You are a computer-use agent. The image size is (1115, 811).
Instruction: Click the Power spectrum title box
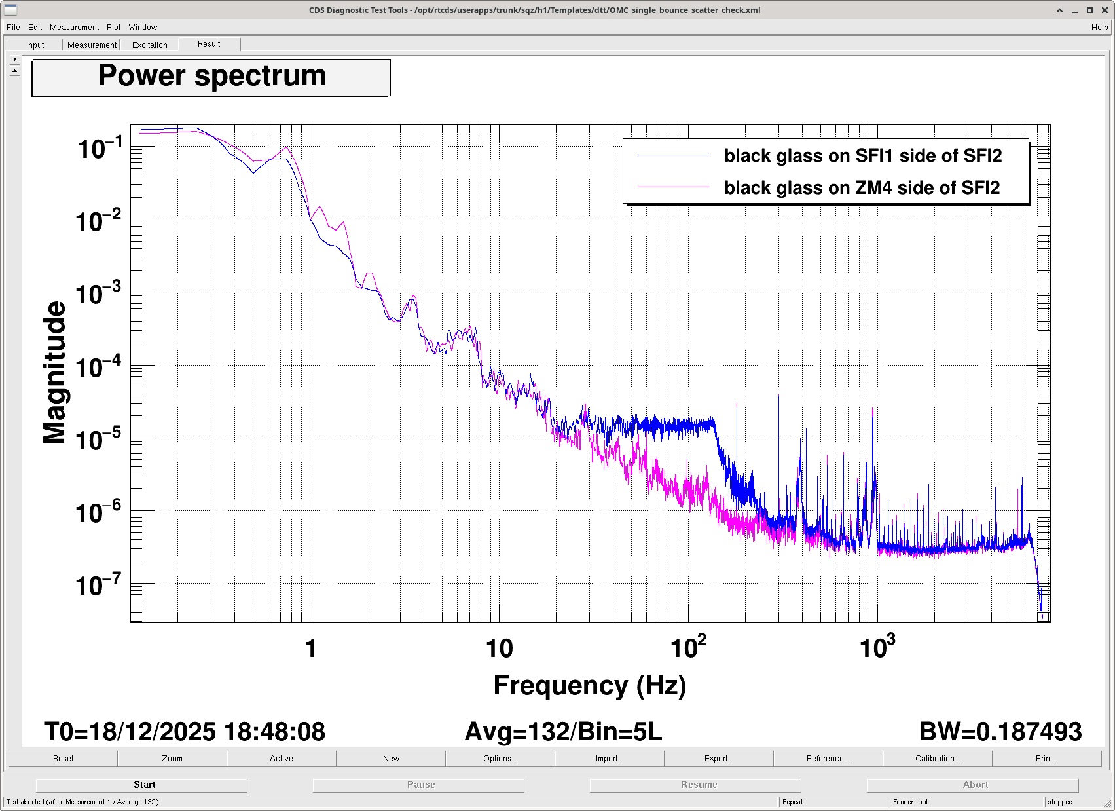pyautogui.click(x=211, y=77)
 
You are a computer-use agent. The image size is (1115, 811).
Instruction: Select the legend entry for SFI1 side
pyautogui.click(x=862, y=156)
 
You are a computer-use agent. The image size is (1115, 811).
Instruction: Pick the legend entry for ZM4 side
pyautogui.click(x=862, y=188)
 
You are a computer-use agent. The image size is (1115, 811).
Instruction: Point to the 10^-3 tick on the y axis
pyautogui.click(x=99, y=294)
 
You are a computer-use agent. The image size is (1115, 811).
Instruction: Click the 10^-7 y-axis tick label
pyautogui.click(x=99, y=586)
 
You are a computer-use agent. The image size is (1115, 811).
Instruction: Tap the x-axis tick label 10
pyautogui.click(x=499, y=649)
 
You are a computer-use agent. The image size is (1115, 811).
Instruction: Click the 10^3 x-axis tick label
pyautogui.click(x=877, y=647)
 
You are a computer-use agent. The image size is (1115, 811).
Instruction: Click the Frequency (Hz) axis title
pyautogui.click(x=589, y=685)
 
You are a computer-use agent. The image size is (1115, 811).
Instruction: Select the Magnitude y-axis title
pyautogui.click(x=55, y=373)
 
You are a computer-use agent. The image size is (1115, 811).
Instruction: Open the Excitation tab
pyautogui.click(x=150, y=45)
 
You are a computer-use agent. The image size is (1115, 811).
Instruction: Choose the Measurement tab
pyautogui.click(x=92, y=45)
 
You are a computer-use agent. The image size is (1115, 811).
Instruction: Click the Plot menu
pyautogui.click(x=114, y=28)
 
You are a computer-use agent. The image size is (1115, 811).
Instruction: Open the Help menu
pyautogui.click(x=1099, y=28)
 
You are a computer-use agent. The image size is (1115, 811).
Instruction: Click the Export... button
pyautogui.click(x=718, y=759)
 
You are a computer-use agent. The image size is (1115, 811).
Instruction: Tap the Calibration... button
pyautogui.click(x=937, y=759)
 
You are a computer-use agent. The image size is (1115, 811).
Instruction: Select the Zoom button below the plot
pyautogui.click(x=172, y=759)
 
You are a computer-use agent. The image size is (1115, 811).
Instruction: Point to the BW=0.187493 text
pyautogui.click(x=1000, y=732)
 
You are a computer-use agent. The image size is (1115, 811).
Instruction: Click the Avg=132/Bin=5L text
pyautogui.click(x=563, y=732)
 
